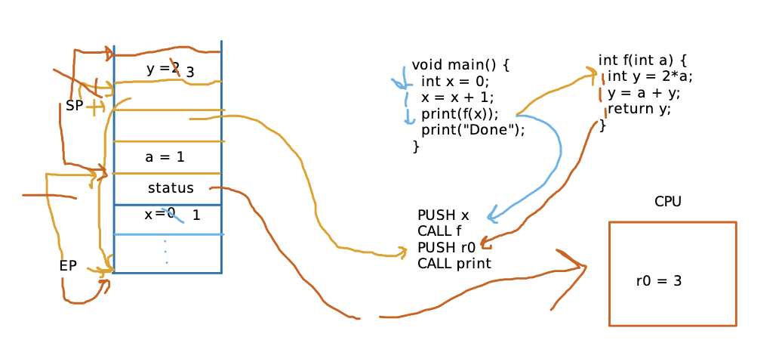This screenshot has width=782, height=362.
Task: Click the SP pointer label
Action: tap(74, 107)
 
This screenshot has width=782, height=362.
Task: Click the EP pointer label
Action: tap(68, 266)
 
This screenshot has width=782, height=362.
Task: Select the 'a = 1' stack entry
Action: tap(165, 157)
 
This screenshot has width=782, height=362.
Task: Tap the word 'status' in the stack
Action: tap(171, 188)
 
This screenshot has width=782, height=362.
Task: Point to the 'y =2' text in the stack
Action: tap(163, 69)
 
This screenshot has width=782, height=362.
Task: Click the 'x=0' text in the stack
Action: tap(159, 214)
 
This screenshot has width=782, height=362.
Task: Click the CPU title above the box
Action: tap(668, 202)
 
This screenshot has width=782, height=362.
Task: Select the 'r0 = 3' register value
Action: tap(659, 281)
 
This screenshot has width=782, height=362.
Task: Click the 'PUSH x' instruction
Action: tap(443, 215)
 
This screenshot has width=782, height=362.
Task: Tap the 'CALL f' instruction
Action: tap(439, 231)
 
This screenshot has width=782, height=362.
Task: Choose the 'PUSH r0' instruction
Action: tap(446, 247)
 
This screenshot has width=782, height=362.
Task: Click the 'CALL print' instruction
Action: tap(454, 264)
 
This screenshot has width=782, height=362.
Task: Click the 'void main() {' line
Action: tap(460, 66)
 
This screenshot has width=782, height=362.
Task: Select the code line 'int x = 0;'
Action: tap(456, 82)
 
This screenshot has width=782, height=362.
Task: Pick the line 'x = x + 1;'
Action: tap(457, 97)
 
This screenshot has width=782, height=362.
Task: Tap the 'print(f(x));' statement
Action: tap(460, 114)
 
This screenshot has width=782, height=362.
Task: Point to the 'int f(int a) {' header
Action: tap(642, 60)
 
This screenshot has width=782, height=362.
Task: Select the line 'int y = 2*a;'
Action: tap(650, 76)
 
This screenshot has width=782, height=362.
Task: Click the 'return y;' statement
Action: tap(639, 109)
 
